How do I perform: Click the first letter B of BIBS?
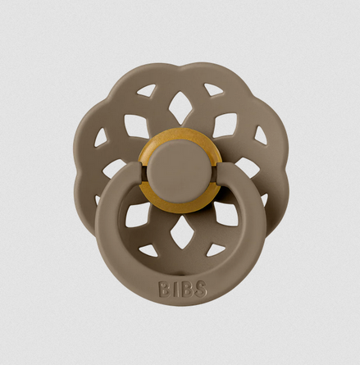tap(166, 289)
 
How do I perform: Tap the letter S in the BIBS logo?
tap(200, 289)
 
